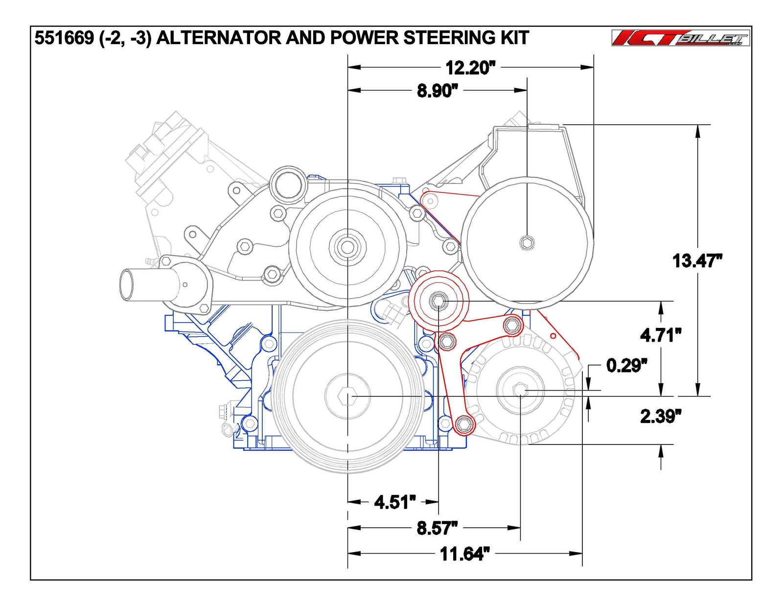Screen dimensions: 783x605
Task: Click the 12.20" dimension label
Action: click(470, 68)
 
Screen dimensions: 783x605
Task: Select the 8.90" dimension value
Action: click(437, 91)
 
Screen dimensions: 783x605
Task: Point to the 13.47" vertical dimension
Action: click(697, 260)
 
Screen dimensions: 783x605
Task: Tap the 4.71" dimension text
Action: click(661, 335)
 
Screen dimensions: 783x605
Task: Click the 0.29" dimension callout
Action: click(626, 365)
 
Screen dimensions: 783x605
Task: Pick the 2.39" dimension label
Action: click(661, 416)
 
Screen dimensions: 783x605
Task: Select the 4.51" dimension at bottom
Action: click(394, 502)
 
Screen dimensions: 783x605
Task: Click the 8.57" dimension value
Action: click(437, 528)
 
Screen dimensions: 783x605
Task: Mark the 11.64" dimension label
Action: click(464, 554)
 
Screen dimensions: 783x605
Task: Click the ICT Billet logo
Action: click(680, 38)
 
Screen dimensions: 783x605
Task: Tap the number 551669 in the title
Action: click(64, 38)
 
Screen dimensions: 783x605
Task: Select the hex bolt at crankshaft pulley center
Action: click(347, 396)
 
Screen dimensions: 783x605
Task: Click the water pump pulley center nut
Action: click(347, 247)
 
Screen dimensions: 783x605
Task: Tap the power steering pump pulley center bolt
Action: click(527, 242)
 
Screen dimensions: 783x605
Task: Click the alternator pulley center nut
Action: click(520, 390)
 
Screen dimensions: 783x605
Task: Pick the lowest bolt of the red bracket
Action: click(464, 424)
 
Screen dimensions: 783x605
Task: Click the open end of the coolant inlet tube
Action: click(126, 284)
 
